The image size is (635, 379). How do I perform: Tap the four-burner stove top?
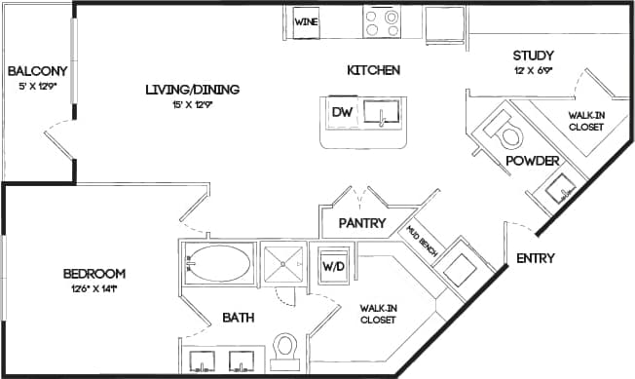tap(382, 21)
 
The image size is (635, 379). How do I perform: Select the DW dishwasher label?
tap(341, 112)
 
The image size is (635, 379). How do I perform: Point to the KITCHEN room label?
tap(375, 70)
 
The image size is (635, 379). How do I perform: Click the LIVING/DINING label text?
tap(192, 90)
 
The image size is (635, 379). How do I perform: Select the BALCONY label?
tap(36, 71)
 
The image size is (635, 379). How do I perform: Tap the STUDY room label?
tap(533, 55)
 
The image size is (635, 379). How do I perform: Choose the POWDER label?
tap(532, 161)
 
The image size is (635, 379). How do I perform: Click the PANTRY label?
tap(363, 224)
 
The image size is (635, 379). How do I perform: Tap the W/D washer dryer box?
tap(333, 264)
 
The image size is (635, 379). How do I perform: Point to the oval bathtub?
tap(219, 263)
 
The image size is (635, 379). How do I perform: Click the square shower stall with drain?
tap(284, 263)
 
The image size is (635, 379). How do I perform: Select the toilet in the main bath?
tap(285, 348)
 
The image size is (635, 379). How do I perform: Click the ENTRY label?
tap(536, 258)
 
